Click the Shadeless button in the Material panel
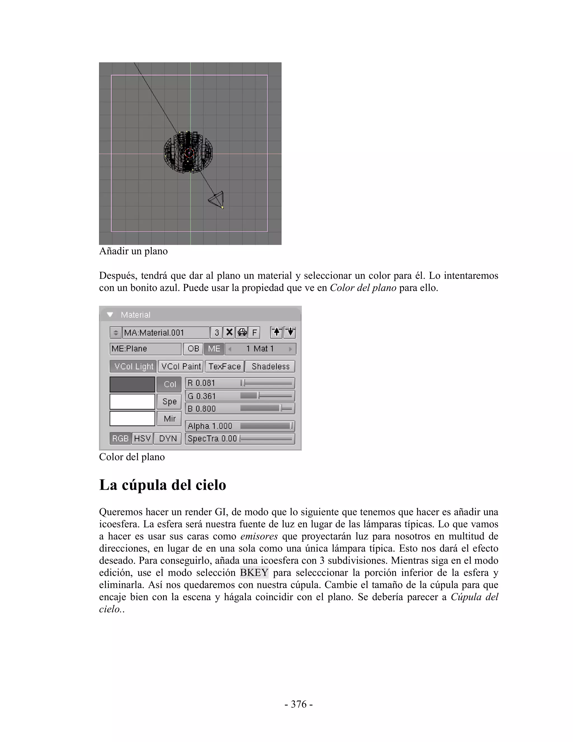(270, 366)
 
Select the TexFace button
(224, 366)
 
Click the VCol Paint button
(180, 366)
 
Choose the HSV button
(142, 438)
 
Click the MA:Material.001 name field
(166, 332)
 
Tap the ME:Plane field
(145, 349)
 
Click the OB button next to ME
(193, 349)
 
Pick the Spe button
(169, 402)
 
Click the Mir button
(169, 419)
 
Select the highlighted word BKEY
(254, 573)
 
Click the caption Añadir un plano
(133, 251)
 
